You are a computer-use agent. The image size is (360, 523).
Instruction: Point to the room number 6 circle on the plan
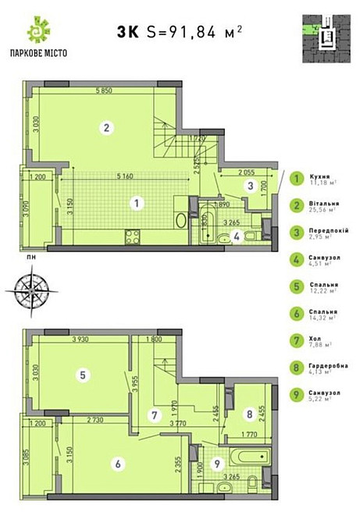point(118,464)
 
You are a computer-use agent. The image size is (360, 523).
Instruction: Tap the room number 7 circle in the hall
point(156,414)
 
